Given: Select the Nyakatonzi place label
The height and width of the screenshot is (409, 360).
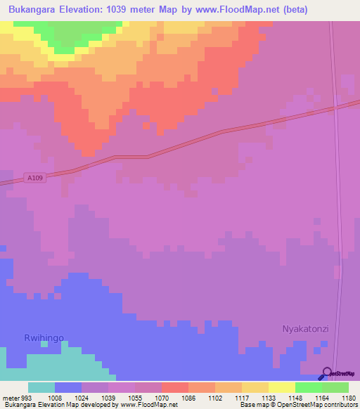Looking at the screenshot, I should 305,328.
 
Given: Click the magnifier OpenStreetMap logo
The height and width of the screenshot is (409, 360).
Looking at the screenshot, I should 326,374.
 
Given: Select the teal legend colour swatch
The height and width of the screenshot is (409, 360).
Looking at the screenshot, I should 41,387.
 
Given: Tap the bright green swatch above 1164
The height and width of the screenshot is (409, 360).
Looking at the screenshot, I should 308,387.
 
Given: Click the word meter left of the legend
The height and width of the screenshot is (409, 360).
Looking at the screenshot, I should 10,397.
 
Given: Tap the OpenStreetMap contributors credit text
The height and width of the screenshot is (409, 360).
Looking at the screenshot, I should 320,405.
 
